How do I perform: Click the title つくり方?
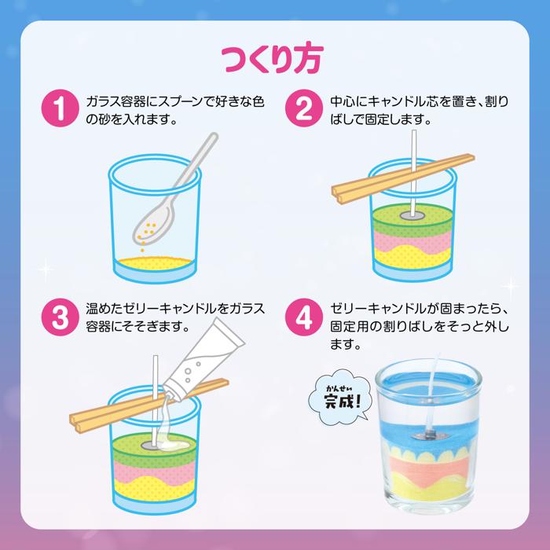pos(274,58)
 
